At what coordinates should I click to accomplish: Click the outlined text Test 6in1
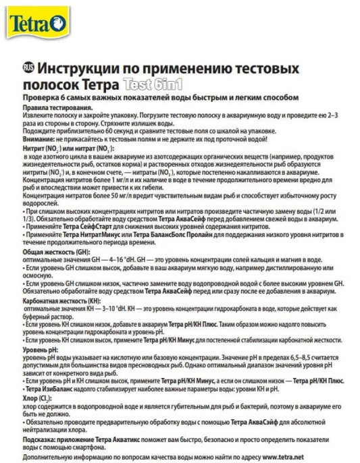click(x=153, y=85)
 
